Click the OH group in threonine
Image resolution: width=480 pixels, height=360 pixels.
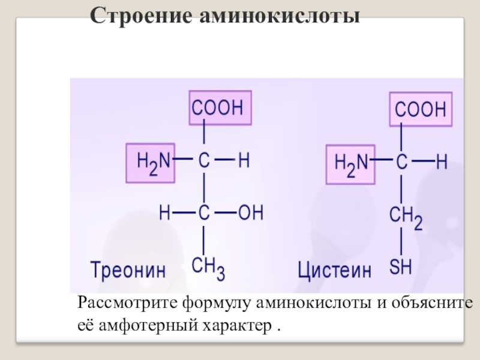point(251,212)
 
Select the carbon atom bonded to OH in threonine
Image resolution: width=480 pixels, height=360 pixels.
point(203,212)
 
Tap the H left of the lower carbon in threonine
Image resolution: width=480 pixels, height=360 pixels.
point(165,212)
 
